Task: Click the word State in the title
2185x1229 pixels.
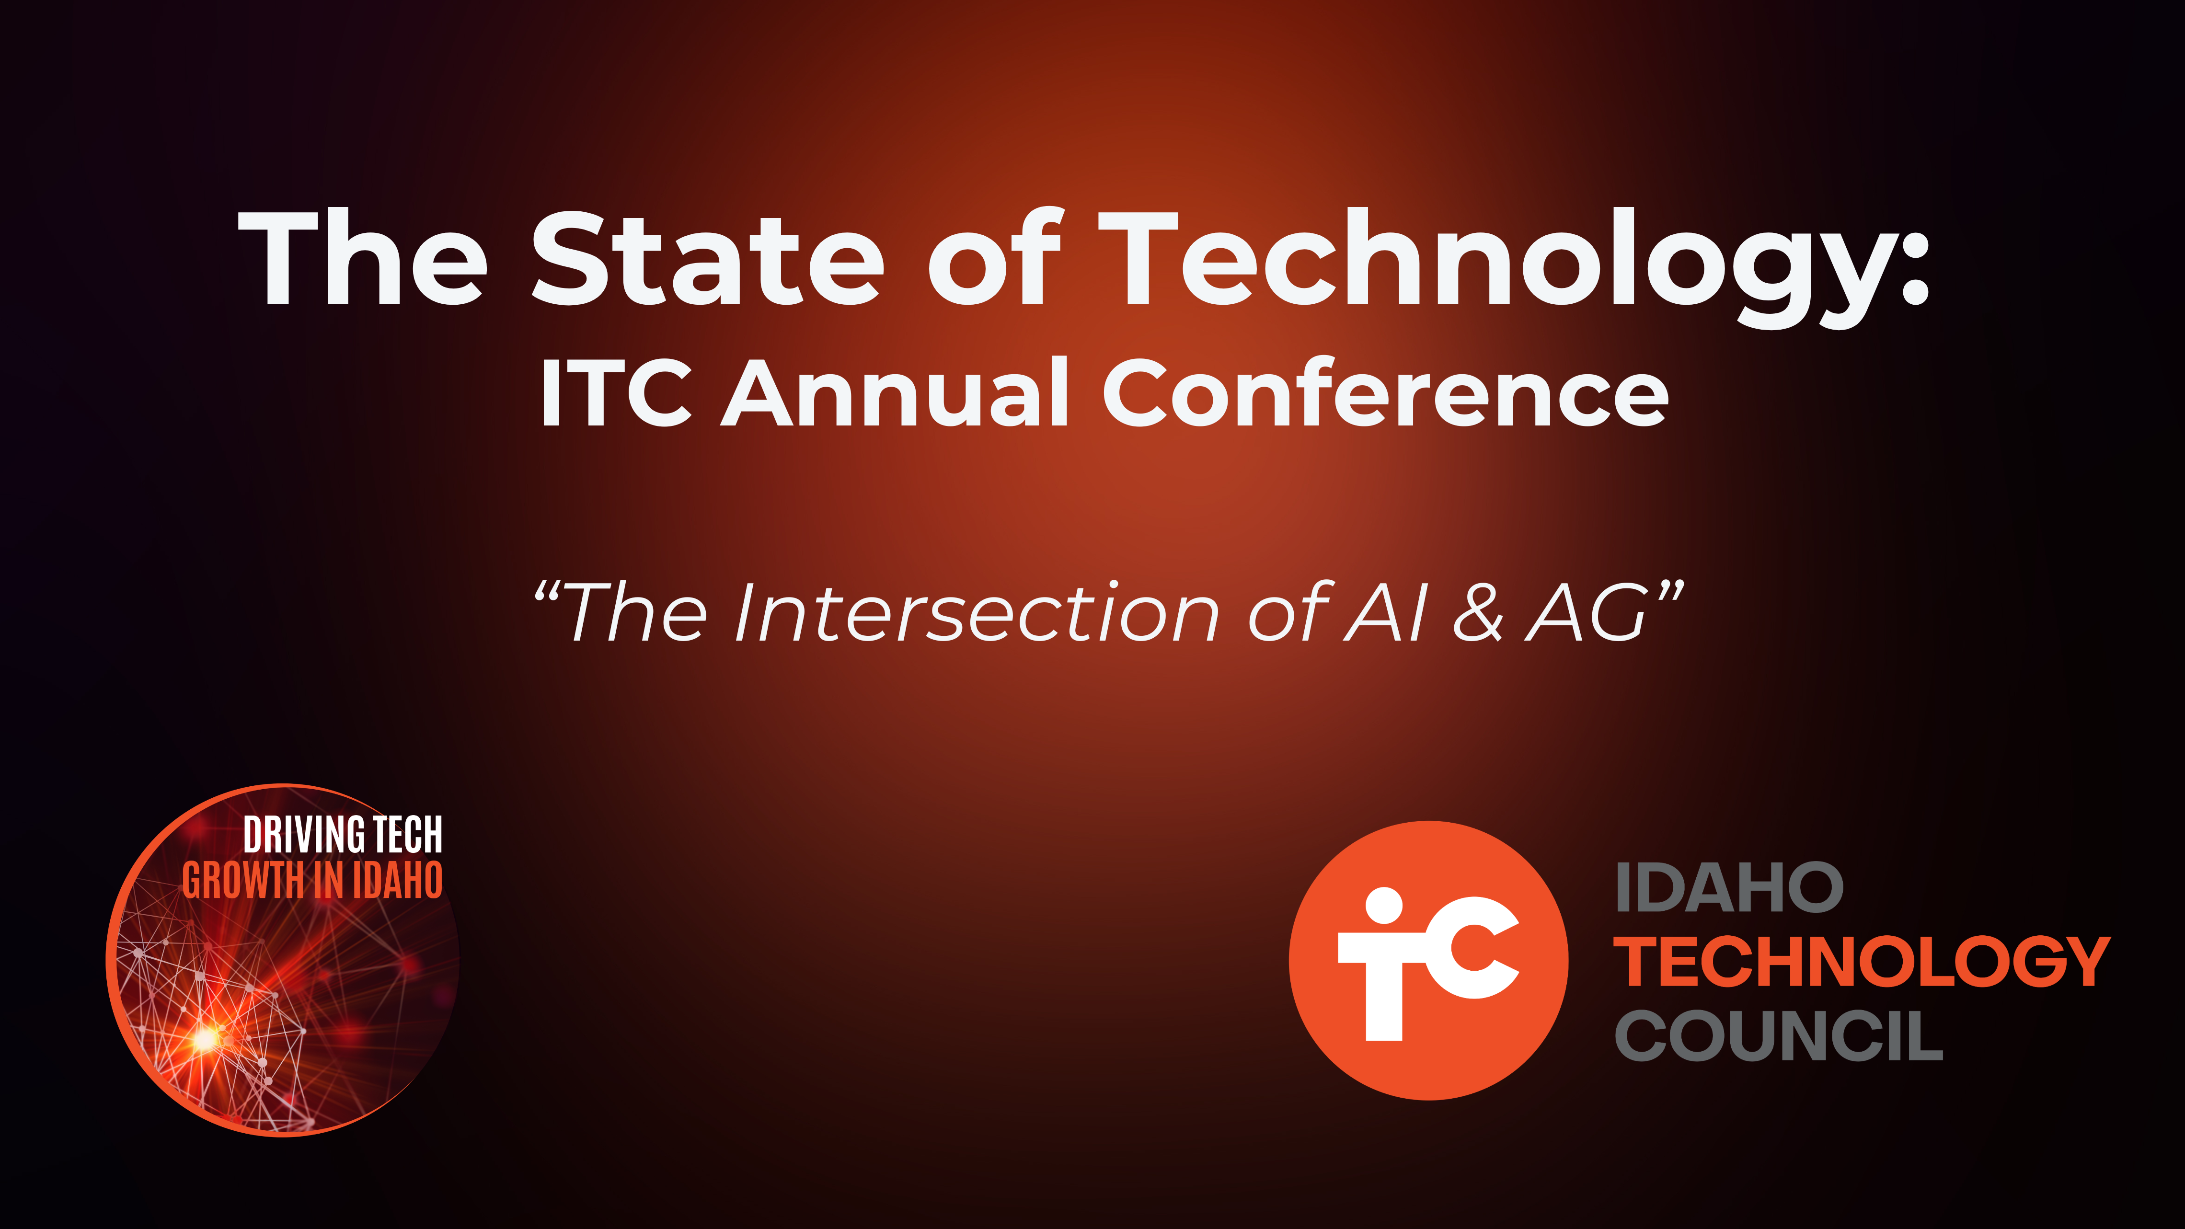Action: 708,259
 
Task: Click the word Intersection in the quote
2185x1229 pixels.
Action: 976,612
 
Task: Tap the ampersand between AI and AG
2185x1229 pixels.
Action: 1478,612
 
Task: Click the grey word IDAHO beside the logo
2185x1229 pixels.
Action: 1729,888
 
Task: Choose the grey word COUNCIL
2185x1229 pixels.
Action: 1779,1035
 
